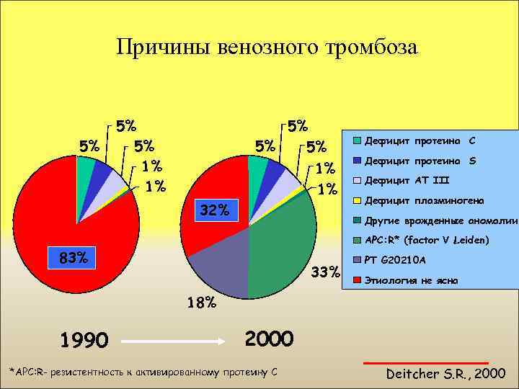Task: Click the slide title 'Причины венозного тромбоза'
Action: click(267, 48)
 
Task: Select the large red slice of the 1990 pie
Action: click(65, 216)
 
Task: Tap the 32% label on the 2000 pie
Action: click(213, 210)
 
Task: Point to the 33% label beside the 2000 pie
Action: click(324, 272)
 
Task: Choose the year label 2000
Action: click(269, 337)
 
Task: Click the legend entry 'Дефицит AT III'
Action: click(408, 180)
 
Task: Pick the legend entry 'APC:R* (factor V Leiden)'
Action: click(427, 240)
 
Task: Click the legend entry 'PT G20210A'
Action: click(395, 259)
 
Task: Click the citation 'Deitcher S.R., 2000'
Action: click(445, 373)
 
